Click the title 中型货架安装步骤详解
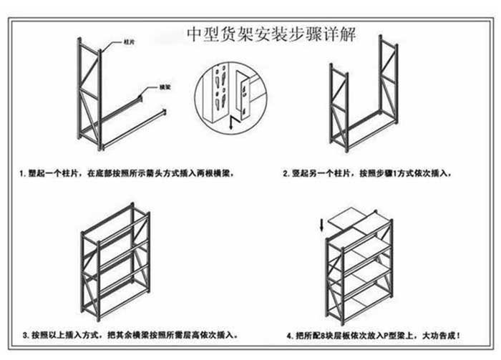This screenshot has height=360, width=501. pyautogui.click(x=270, y=34)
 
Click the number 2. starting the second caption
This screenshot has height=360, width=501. pyautogui.click(x=285, y=174)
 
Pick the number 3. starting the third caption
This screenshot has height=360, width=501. pyautogui.click(x=25, y=335)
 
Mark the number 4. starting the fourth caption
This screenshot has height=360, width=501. pyautogui.click(x=289, y=335)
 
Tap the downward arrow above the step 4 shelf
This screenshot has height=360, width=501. pyautogui.click(x=322, y=223)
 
